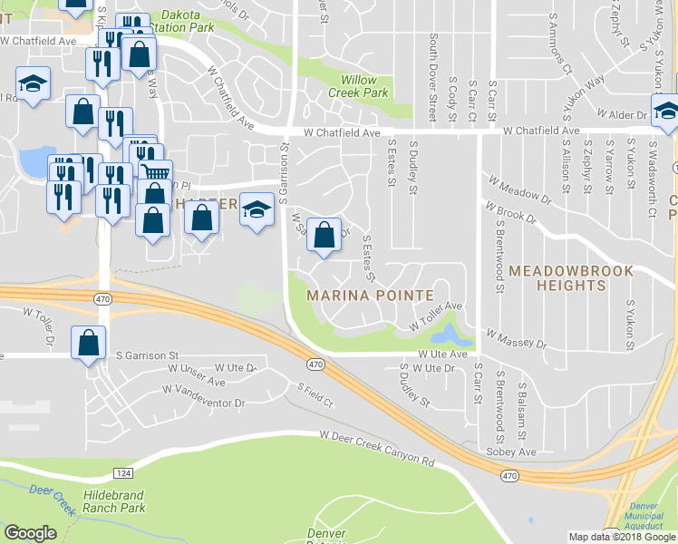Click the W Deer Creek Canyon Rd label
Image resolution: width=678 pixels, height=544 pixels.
(377, 448)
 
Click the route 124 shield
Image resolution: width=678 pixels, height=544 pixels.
(124, 473)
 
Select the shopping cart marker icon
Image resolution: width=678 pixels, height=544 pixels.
(156, 172)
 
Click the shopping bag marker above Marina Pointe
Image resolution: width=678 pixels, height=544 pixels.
(324, 236)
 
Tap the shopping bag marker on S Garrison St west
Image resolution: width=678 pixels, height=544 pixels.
(88, 344)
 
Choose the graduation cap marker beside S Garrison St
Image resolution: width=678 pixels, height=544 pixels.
(257, 209)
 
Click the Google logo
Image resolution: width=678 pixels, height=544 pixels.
(30, 533)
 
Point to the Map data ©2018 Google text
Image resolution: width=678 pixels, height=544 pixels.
(622, 537)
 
